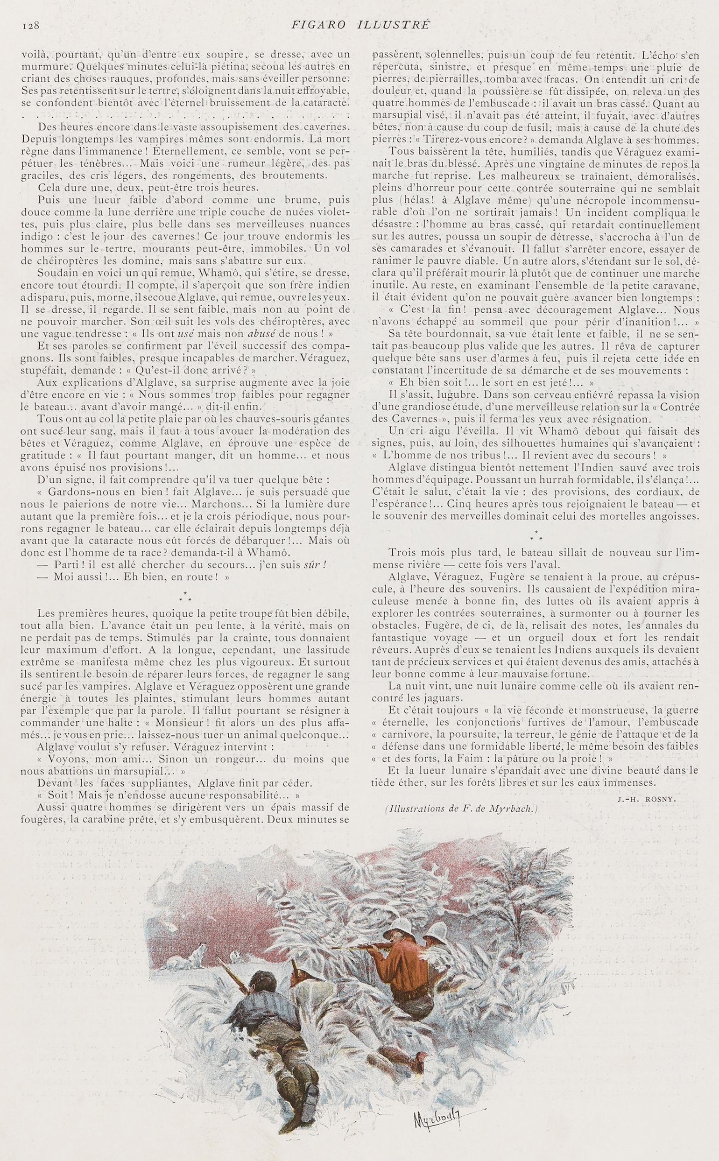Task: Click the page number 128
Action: (x=29, y=25)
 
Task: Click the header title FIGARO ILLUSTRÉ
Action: (x=359, y=25)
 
